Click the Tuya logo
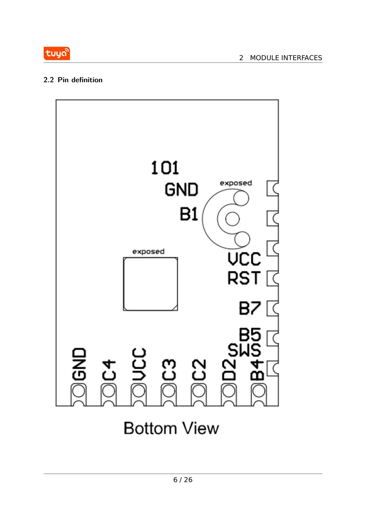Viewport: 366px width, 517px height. (x=57, y=54)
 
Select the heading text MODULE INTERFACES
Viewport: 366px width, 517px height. (x=286, y=58)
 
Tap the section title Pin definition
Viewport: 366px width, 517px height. (x=80, y=80)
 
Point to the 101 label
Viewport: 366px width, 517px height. (x=165, y=168)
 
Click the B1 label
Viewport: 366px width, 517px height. (x=189, y=214)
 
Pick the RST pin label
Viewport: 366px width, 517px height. (x=244, y=278)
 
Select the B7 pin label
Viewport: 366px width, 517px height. (x=250, y=308)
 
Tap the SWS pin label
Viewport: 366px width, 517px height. (x=244, y=350)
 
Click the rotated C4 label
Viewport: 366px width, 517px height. (x=109, y=370)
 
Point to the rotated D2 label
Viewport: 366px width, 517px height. (x=229, y=370)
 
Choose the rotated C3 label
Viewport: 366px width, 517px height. (x=169, y=370)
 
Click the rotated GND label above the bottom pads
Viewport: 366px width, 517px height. (x=79, y=364)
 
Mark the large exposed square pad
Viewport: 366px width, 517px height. (x=150, y=284)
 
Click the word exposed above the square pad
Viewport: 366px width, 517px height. (x=148, y=251)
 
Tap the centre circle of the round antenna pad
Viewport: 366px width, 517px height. (x=233, y=219)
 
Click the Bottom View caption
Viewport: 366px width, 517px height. (x=171, y=428)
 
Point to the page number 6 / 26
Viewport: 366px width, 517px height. (x=183, y=480)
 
